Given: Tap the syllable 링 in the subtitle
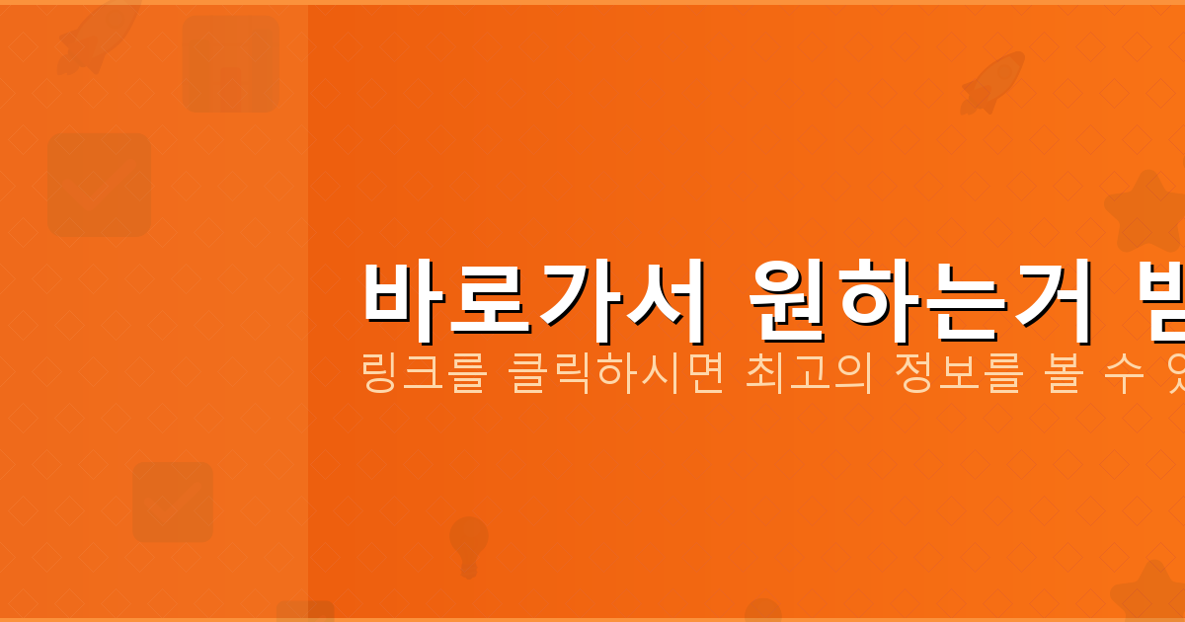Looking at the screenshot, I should pos(380,376).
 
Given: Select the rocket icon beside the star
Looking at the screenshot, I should pos(991,81).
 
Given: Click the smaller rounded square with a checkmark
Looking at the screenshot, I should pos(173,502).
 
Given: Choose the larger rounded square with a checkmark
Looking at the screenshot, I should pos(100,185).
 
